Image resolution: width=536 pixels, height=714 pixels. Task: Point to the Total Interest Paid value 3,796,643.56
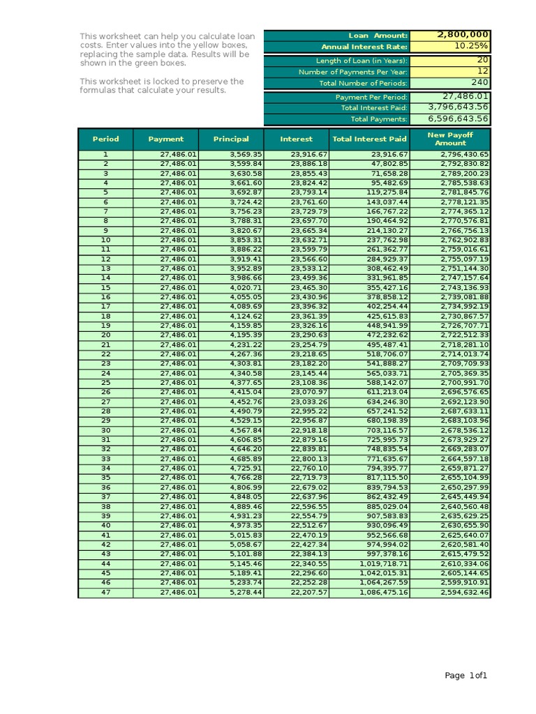point(458,107)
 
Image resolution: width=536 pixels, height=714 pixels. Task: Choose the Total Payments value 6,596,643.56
point(458,119)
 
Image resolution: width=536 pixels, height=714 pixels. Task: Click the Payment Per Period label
point(371,98)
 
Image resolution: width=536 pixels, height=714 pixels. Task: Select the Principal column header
point(230,139)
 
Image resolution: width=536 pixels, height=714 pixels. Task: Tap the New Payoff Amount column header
point(450,139)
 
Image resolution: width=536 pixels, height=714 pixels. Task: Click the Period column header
point(105,139)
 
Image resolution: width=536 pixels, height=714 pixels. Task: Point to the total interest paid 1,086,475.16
point(383,592)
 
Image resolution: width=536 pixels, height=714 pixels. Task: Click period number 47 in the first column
point(105,592)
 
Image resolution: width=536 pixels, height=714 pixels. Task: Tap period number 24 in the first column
point(105,373)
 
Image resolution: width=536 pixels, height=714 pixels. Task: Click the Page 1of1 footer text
point(467,675)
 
